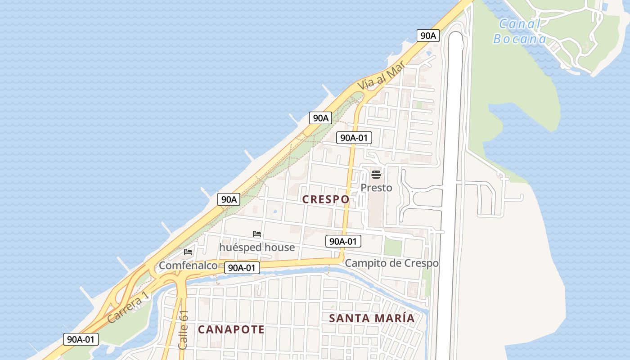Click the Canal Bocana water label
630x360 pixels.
point(519,31)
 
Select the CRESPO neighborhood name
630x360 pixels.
point(325,199)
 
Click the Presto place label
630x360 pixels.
point(376,188)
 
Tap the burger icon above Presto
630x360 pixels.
point(376,175)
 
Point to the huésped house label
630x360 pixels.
point(257,247)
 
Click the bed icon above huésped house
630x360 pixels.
point(257,234)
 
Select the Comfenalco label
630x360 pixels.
point(188,265)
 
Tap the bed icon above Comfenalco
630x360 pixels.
point(188,252)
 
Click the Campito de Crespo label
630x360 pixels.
point(391,263)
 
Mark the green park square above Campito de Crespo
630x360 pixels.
point(393,247)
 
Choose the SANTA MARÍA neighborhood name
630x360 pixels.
point(372,318)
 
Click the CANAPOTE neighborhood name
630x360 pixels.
point(231,329)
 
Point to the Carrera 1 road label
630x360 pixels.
point(128,307)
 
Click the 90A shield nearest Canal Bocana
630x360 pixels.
point(427,36)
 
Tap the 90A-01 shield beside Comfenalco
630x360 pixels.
point(242,268)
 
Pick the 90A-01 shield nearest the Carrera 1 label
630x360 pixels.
point(81,339)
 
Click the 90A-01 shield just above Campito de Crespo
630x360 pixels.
point(343,242)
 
